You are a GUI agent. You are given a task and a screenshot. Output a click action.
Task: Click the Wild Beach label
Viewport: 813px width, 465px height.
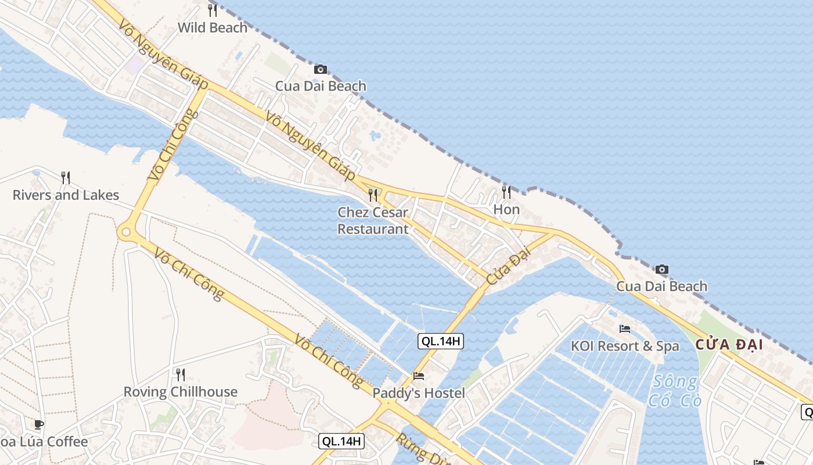(x=213, y=27)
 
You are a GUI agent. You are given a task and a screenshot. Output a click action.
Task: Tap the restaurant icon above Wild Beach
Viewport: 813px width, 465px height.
(x=213, y=10)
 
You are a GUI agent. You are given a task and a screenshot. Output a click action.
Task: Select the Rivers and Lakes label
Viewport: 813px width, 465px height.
(x=66, y=195)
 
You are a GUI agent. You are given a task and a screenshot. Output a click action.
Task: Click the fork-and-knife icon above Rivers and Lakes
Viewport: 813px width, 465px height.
(x=66, y=177)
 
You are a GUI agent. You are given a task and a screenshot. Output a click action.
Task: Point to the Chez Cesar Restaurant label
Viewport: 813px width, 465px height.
(x=373, y=220)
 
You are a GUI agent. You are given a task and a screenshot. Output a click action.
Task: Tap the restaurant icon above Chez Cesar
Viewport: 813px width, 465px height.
(x=373, y=195)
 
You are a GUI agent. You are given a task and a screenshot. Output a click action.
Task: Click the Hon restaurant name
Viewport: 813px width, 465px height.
(x=506, y=209)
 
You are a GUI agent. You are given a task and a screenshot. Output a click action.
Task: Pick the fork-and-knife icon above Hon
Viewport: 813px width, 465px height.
(x=506, y=192)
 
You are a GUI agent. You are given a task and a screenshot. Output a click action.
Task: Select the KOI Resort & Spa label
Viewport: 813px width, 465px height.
(x=625, y=346)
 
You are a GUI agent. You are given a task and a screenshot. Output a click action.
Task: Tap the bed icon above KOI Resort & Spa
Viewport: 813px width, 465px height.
(x=625, y=328)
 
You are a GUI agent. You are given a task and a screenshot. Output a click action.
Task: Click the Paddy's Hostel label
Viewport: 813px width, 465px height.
(x=418, y=394)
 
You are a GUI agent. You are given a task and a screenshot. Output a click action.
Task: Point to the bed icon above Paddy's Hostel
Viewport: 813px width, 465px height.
(x=418, y=376)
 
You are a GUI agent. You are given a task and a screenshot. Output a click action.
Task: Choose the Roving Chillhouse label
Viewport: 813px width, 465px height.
(x=180, y=392)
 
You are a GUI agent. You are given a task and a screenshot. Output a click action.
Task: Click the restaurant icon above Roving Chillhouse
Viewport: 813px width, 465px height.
(x=180, y=374)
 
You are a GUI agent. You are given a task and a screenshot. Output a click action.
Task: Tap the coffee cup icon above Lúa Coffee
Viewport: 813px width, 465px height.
(x=39, y=424)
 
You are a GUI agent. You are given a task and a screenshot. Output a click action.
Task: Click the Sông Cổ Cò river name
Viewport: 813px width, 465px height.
(x=675, y=391)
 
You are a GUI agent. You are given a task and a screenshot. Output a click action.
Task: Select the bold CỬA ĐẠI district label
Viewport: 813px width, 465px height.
(x=729, y=345)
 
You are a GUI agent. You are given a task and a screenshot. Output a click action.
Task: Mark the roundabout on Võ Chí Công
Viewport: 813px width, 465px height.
(x=125, y=233)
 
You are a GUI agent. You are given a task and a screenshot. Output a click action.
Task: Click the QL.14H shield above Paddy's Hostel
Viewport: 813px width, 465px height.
(x=441, y=341)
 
